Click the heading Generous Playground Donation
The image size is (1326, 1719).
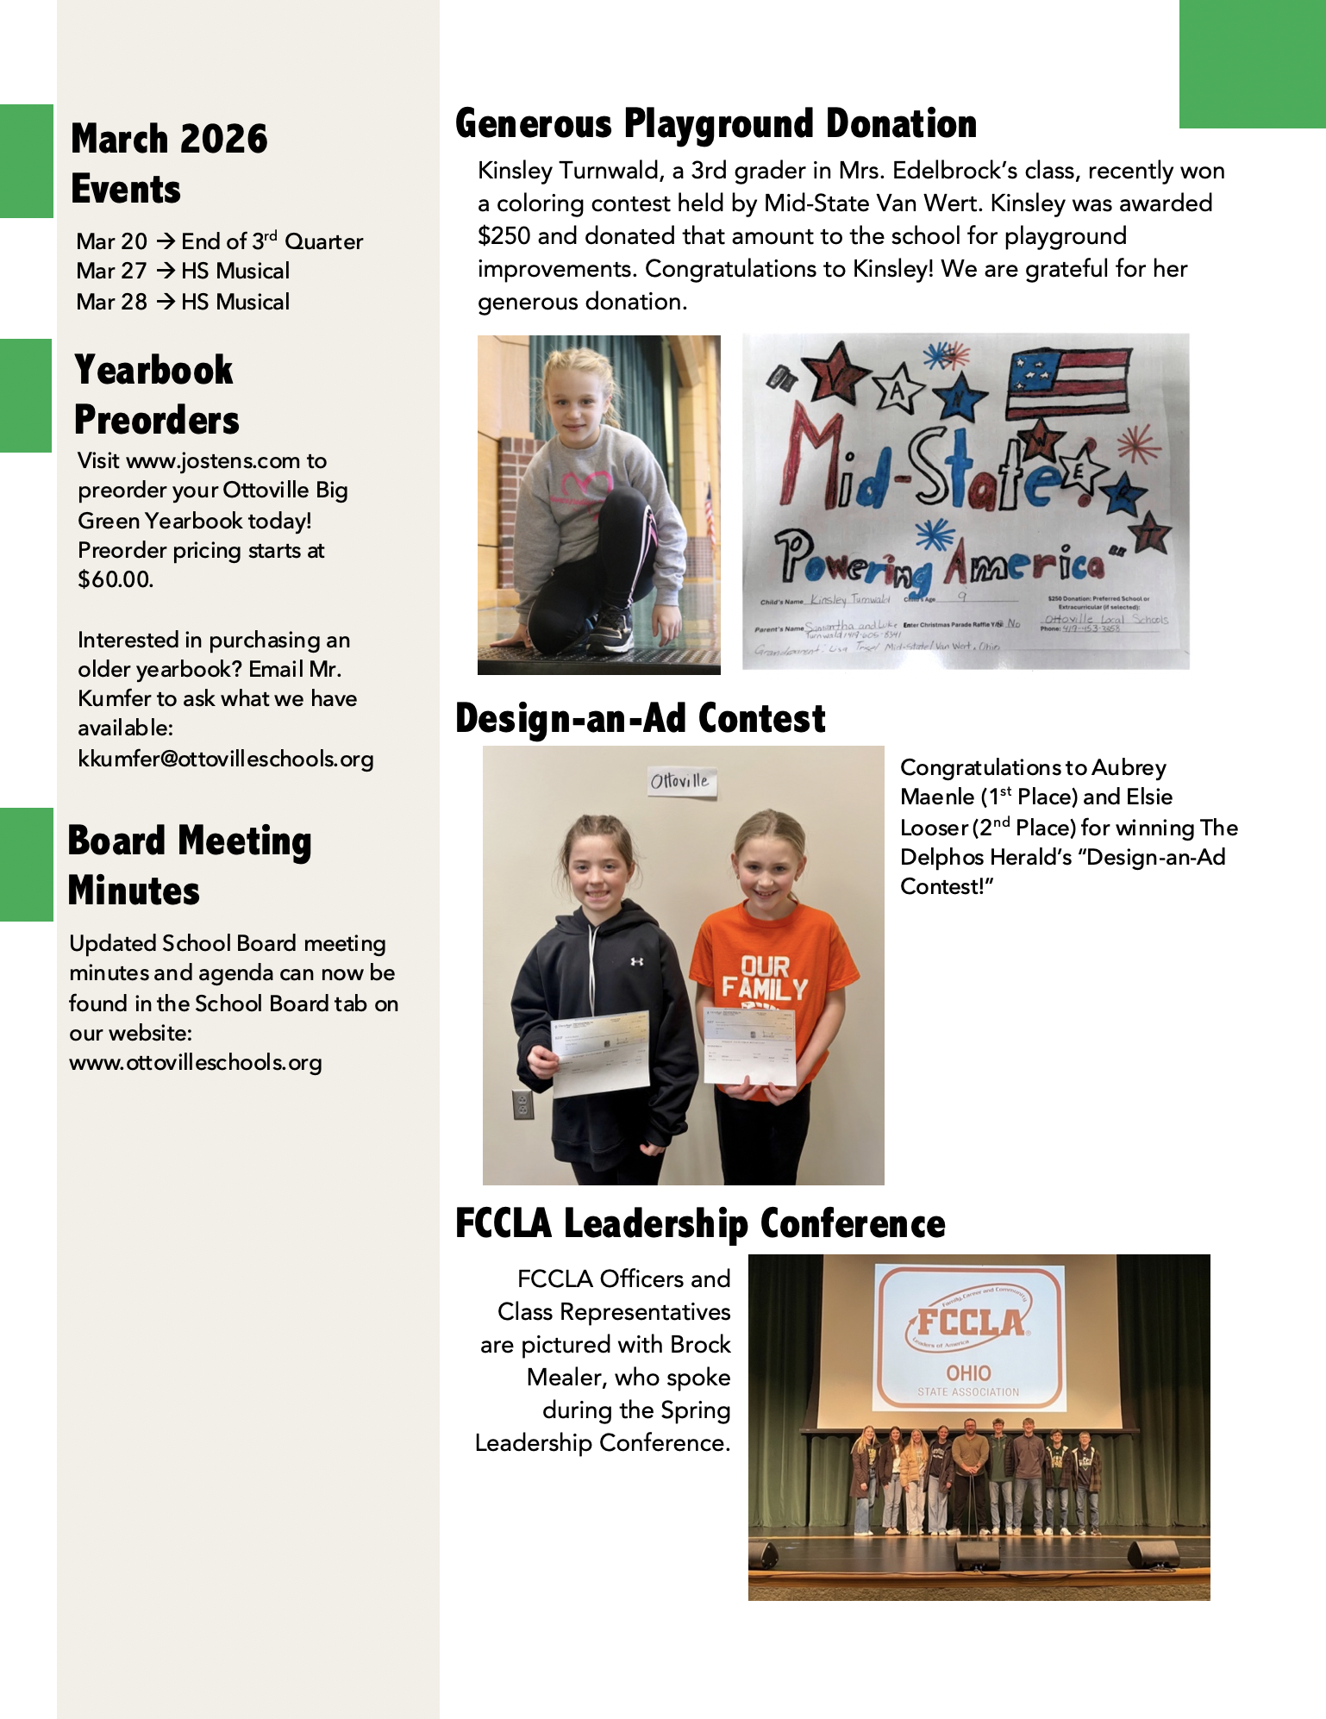click(x=716, y=124)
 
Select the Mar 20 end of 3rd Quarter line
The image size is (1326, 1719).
click(x=219, y=241)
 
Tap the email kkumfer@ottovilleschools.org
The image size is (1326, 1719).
click(x=225, y=759)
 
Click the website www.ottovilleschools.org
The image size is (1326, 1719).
click(x=196, y=1062)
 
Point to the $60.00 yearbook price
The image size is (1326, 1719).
click(x=116, y=579)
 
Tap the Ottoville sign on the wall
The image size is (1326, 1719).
click(x=680, y=781)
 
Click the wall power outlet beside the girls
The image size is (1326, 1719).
click(x=522, y=1103)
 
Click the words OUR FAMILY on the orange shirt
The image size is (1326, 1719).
click(x=765, y=978)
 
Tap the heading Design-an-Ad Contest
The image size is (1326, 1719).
click(x=640, y=719)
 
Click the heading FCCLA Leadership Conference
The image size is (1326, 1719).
click(x=700, y=1224)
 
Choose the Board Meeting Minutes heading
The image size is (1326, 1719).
click(x=190, y=866)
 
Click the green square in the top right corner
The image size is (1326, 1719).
click(x=1252, y=64)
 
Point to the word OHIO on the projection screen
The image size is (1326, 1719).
click(x=969, y=1372)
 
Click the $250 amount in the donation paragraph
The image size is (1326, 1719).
click(x=504, y=236)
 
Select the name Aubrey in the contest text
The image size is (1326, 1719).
click(x=1129, y=767)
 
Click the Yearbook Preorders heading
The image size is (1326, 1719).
click(x=156, y=395)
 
